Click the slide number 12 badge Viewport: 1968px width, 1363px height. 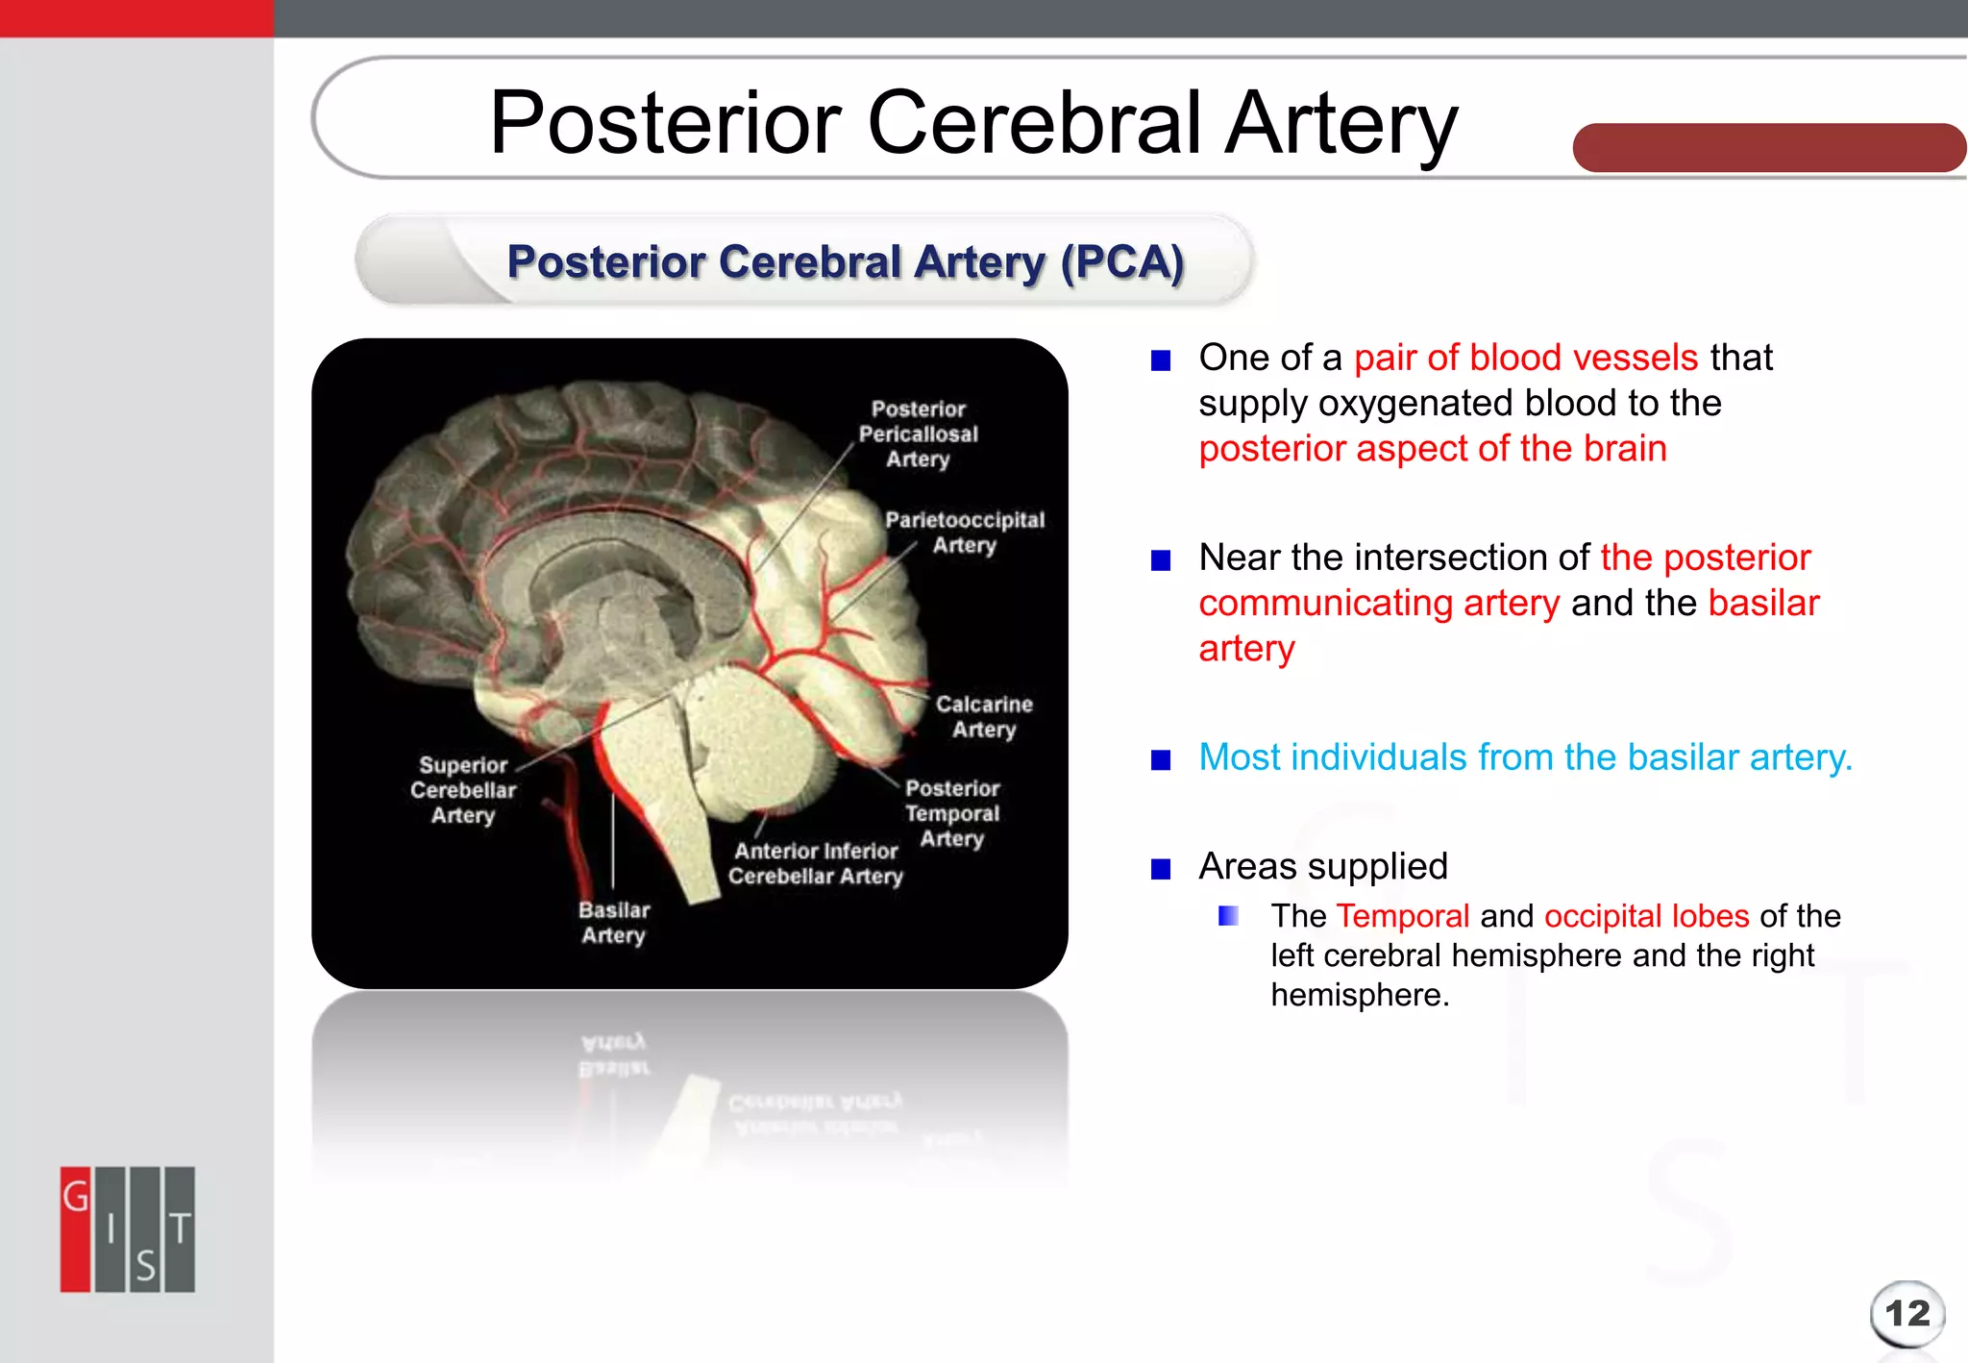click(x=1906, y=1313)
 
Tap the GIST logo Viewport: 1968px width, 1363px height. click(x=128, y=1229)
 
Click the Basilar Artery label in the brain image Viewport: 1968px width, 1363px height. click(x=614, y=923)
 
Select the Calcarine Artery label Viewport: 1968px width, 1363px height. click(x=984, y=717)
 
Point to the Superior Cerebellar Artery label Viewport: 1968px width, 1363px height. click(x=463, y=790)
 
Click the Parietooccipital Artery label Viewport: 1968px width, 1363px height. click(x=965, y=533)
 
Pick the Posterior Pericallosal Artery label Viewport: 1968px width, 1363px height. click(x=919, y=434)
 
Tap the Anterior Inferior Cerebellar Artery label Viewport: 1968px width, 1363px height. click(x=816, y=863)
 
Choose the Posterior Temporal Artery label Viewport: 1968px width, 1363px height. click(x=952, y=813)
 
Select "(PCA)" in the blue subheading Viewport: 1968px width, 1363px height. click(x=1122, y=262)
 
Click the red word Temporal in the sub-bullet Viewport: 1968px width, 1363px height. click(x=1402, y=916)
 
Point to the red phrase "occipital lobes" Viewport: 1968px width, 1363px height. click(x=1646, y=916)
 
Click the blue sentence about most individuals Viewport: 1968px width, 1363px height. click(x=1525, y=757)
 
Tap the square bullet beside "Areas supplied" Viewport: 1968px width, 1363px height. click(x=1161, y=869)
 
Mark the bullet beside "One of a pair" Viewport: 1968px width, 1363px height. click(x=1161, y=360)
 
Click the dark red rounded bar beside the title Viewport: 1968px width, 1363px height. click(x=1768, y=148)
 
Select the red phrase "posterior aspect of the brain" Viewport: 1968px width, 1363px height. click(x=1432, y=449)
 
